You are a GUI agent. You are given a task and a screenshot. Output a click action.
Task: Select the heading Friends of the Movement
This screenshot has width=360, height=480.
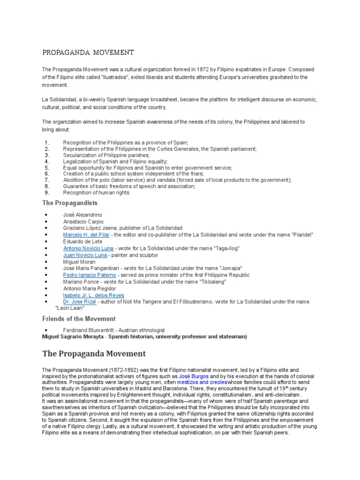pos(79,319)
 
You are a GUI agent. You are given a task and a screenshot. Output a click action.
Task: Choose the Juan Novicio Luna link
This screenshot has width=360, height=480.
pos(85,255)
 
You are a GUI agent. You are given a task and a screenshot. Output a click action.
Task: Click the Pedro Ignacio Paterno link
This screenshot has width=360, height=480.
pos(89,275)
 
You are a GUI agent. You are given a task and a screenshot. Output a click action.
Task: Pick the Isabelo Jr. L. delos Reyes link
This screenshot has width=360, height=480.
pos(94,295)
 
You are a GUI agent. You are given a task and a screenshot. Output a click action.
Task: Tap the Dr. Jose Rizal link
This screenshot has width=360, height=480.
pos(80,302)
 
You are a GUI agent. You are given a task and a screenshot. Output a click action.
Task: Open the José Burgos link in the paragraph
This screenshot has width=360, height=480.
pos(194,376)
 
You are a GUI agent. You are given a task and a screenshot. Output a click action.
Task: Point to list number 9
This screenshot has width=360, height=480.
pos(47,192)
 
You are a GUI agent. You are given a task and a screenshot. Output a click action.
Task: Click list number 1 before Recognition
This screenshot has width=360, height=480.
pos(47,142)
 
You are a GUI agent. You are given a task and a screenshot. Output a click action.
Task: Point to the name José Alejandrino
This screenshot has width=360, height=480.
pos(82,215)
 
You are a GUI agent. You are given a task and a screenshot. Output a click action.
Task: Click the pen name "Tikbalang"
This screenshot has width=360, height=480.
pos(210,282)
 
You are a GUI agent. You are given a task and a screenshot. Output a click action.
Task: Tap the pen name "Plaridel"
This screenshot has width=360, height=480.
pos(300,234)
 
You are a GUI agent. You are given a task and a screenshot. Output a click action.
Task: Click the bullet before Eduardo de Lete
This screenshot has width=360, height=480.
pos(47,241)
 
